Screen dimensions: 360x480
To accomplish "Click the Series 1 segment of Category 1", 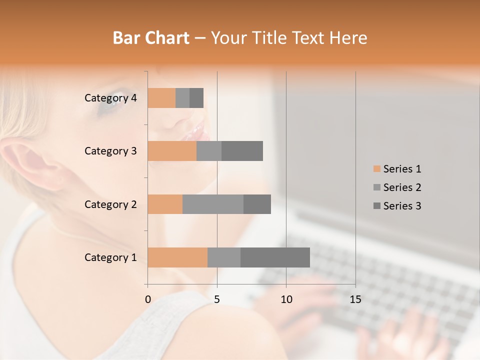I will (177, 257).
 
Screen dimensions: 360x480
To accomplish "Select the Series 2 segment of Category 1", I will (224, 257).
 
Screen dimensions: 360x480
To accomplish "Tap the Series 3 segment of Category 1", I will (275, 257).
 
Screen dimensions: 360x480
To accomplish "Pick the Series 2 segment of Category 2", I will (213, 204).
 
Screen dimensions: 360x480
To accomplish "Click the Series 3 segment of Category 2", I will (257, 204).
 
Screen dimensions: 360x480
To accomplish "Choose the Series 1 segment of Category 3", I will (172, 151).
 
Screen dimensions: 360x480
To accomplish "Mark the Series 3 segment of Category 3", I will (242, 151).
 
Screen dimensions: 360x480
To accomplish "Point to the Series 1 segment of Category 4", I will (161, 98).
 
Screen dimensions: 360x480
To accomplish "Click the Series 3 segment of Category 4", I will (196, 98).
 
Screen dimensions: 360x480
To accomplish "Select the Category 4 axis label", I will (110, 98).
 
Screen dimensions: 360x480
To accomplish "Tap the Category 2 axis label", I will (110, 204).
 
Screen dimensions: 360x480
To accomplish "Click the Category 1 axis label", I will (110, 257).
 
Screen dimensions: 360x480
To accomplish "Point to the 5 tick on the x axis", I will (217, 299).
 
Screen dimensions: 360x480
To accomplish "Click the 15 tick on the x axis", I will (355, 299).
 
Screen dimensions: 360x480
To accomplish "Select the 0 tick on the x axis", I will (148, 299).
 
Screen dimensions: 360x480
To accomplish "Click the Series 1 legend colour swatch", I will (376, 169).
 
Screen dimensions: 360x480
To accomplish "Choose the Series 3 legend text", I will (402, 206).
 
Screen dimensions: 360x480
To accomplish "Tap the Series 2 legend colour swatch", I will (376, 187).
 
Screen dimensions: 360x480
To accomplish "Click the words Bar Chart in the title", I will (151, 38).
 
